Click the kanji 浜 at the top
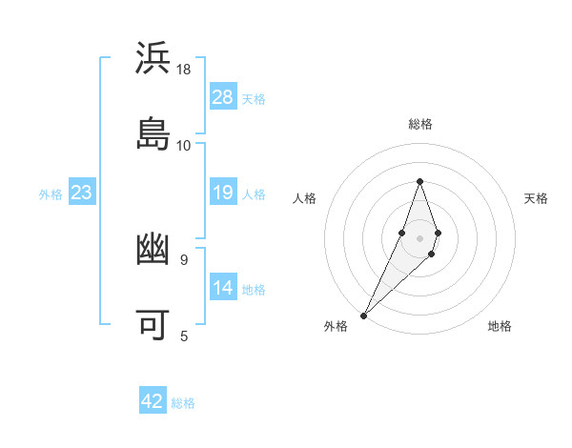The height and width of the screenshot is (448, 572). tap(154, 58)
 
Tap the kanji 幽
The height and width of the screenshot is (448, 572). tap(154, 250)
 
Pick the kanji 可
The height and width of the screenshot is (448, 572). tap(154, 325)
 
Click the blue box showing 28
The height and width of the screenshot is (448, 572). tap(223, 97)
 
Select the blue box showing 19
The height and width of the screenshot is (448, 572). tap(223, 193)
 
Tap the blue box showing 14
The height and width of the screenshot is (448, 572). tap(223, 288)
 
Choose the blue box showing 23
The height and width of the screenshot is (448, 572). tap(82, 193)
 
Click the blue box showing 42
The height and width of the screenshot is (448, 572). tap(153, 401)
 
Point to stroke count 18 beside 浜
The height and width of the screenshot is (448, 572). tap(184, 70)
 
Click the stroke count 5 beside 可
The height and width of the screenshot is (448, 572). tap(184, 336)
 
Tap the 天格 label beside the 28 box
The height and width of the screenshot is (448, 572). tap(254, 98)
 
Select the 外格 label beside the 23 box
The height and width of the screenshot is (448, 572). tap(51, 194)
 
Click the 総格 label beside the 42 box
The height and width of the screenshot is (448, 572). tap(183, 402)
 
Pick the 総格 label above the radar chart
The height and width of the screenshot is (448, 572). tap(419, 124)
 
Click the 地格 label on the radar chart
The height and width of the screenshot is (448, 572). tap(500, 326)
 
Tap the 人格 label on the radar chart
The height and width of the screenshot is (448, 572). tap(304, 198)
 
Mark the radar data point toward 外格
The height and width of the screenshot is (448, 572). tap(364, 315)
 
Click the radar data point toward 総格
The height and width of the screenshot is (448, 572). tap(419, 181)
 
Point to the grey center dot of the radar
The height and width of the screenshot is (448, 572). tap(419, 237)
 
